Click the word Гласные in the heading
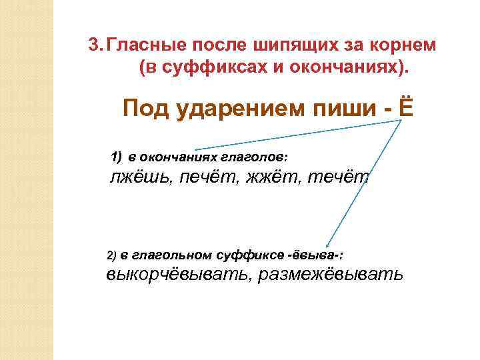(145, 46)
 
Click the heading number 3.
(95, 46)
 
